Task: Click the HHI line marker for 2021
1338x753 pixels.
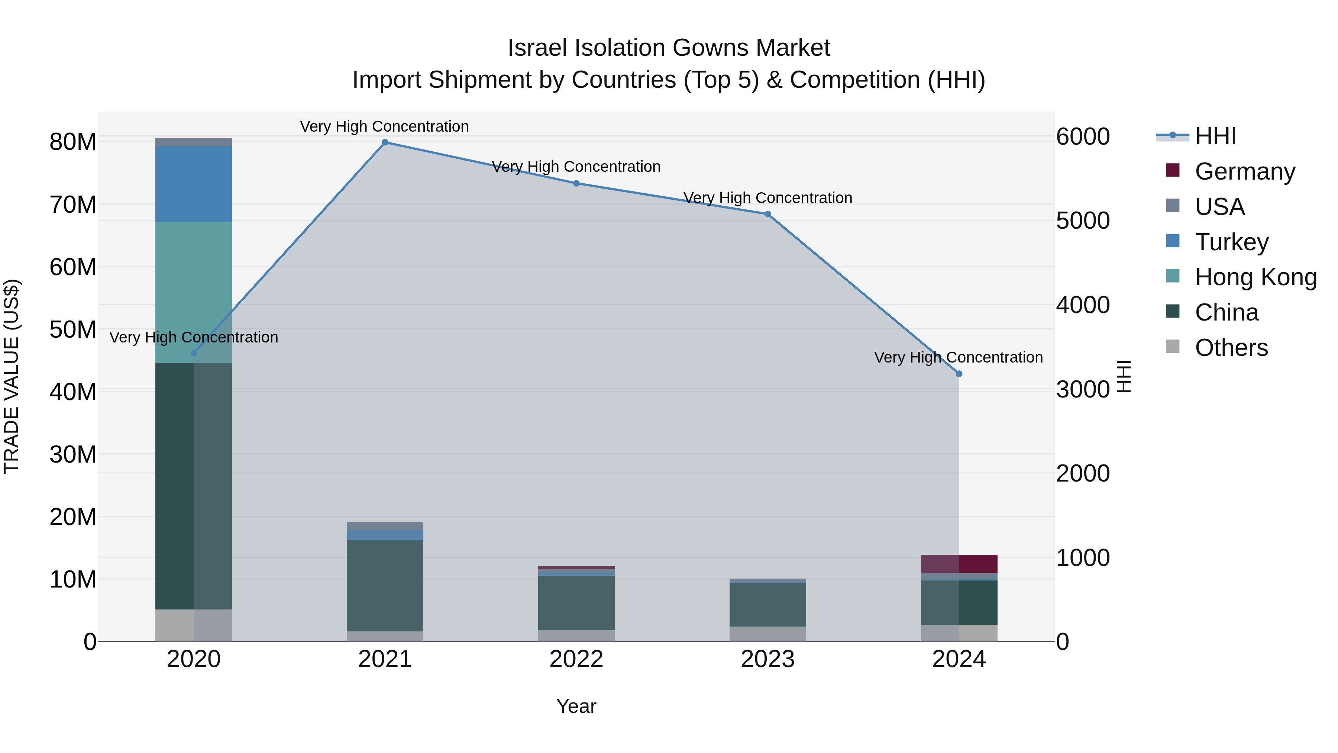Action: (x=385, y=142)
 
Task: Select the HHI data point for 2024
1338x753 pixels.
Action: (x=959, y=374)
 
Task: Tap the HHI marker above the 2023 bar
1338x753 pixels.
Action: (x=768, y=214)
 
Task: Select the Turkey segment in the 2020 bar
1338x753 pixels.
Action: (x=194, y=183)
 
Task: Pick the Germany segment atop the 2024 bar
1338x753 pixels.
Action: (x=959, y=564)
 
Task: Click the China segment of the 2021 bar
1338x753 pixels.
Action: (x=385, y=586)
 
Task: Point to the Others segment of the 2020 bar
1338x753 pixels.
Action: (x=194, y=625)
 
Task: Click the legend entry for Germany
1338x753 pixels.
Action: (x=1244, y=171)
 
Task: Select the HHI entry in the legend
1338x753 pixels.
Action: (x=1215, y=136)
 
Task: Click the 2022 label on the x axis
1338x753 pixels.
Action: (x=576, y=659)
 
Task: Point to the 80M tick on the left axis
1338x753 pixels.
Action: (x=73, y=142)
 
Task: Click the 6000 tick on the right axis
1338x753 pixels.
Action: (x=1083, y=137)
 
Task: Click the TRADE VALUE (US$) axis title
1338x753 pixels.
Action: (x=12, y=376)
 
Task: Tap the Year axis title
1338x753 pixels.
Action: (x=576, y=706)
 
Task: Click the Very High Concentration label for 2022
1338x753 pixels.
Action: (x=576, y=167)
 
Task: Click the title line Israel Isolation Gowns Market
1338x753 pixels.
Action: (x=669, y=48)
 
